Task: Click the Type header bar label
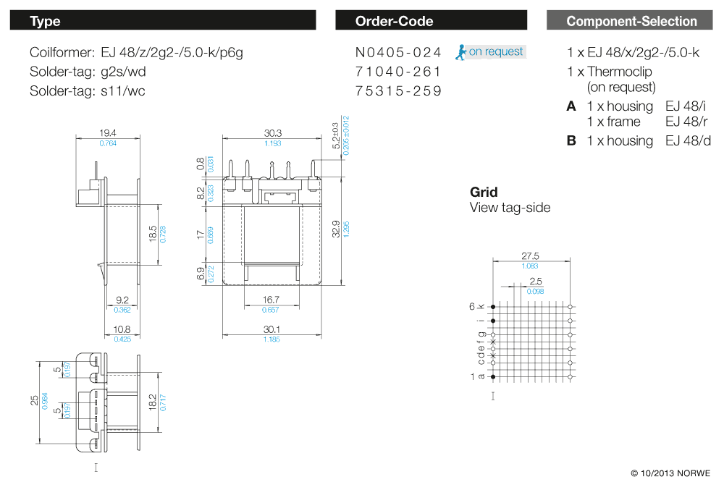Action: click(45, 21)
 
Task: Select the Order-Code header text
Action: click(394, 21)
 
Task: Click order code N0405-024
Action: click(398, 52)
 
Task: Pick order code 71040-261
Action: click(398, 72)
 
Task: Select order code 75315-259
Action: click(398, 91)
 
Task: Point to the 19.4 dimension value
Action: click(108, 133)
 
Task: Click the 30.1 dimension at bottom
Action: click(272, 329)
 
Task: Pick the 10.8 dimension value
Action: click(122, 329)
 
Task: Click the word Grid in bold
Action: click(484, 192)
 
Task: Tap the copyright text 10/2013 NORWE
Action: click(670, 473)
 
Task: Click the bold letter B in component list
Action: click(571, 140)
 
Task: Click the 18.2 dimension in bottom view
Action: click(152, 402)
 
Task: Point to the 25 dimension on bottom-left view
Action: click(34, 400)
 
